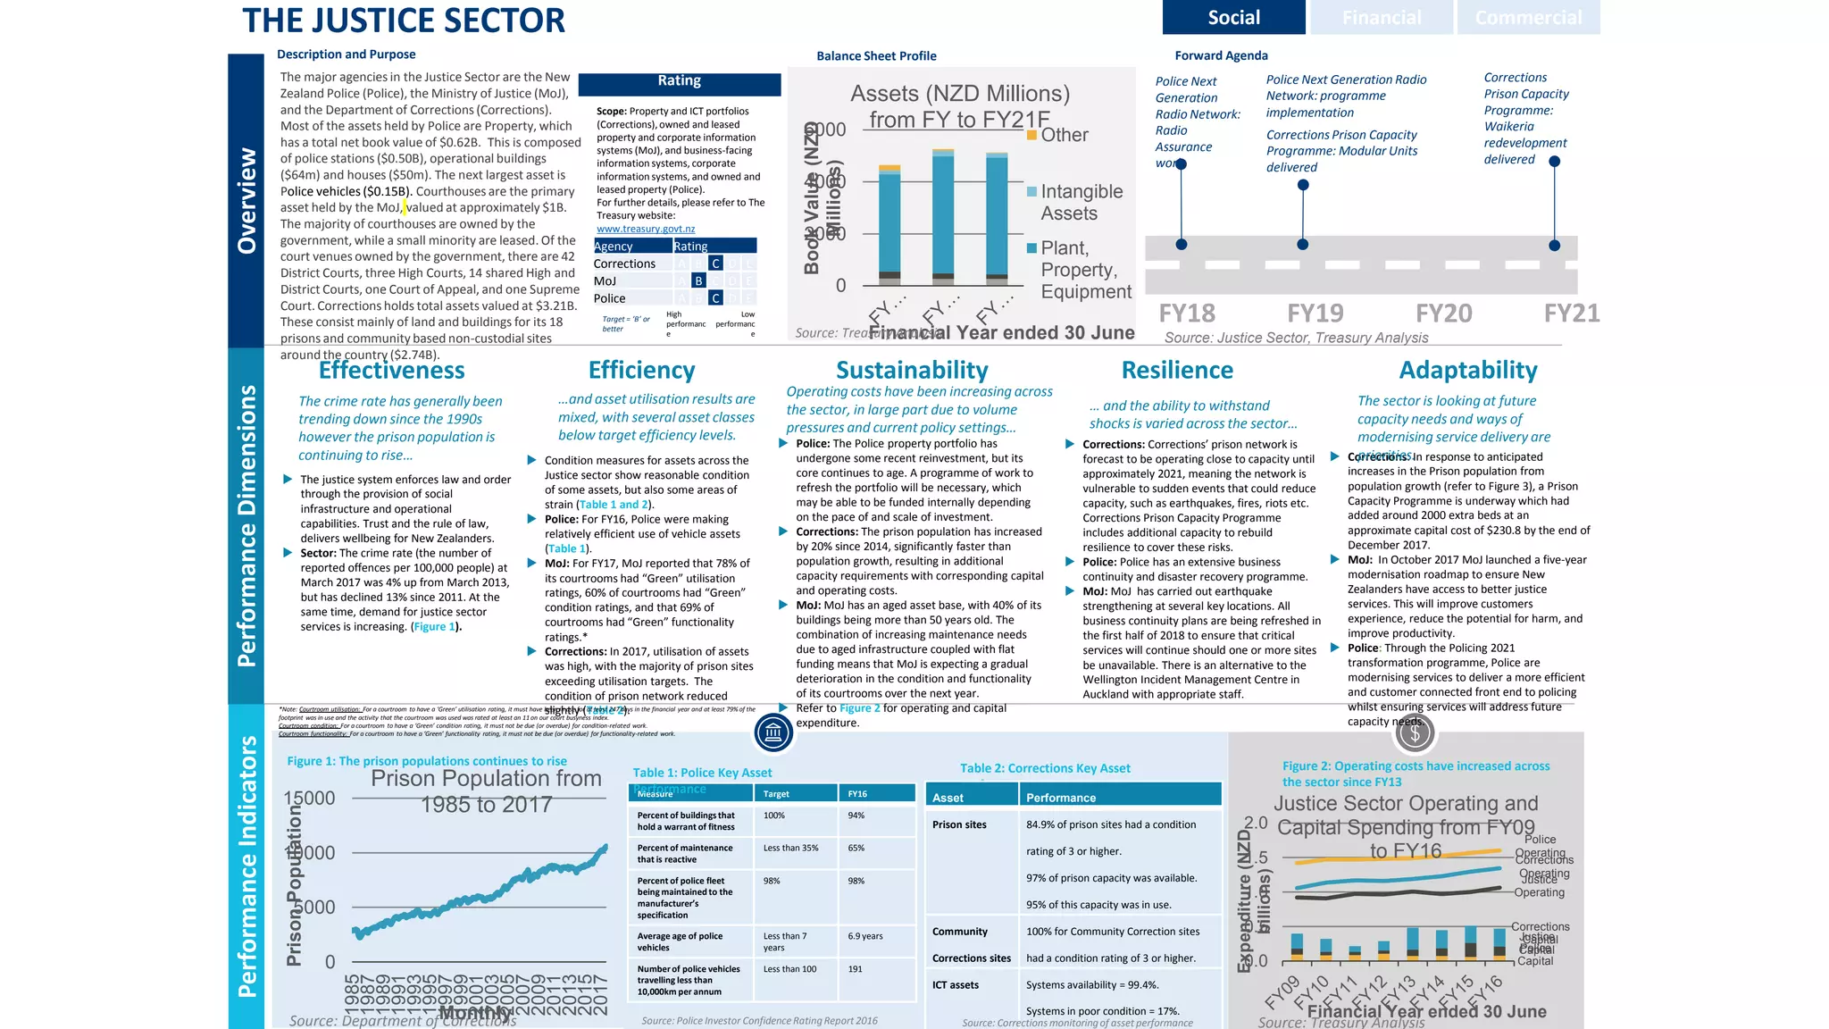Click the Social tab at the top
[x=1233, y=17]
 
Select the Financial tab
[x=1381, y=17]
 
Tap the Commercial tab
[x=1528, y=17]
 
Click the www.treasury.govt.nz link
[x=646, y=229]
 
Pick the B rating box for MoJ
[x=698, y=281]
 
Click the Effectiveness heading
[x=392, y=370]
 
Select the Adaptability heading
[x=1468, y=370]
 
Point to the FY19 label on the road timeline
[x=1315, y=314]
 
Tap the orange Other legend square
[x=1031, y=135]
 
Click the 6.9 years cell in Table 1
[x=865, y=936]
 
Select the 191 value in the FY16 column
[x=856, y=969]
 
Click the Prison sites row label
[x=959, y=824]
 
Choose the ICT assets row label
[x=956, y=985]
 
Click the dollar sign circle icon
[x=1415, y=733]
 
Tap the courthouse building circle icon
[x=773, y=733]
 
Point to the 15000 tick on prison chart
[x=309, y=798]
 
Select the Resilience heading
[x=1177, y=370]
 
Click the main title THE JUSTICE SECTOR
[x=404, y=21]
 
